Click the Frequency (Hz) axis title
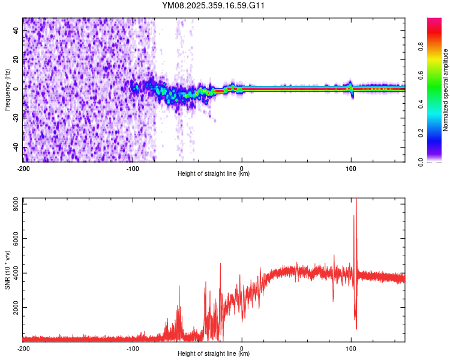click(x=7, y=89)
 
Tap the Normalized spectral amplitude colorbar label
click(x=446, y=90)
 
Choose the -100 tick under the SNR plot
click(x=133, y=348)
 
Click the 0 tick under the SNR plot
click(x=242, y=348)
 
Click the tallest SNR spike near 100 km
click(x=356, y=200)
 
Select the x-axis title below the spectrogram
click(x=214, y=174)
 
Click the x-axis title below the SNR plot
click(x=214, y=353)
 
